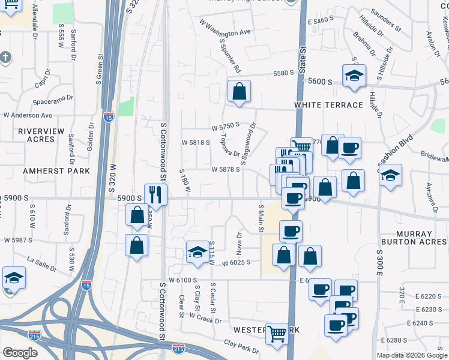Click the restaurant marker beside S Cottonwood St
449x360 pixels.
[155, 195]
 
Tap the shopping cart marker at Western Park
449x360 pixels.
[277, 333]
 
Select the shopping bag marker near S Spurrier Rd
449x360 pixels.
[239, 92]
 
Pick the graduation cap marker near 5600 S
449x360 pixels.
[354, 76]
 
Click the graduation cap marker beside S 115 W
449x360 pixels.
[197, 252]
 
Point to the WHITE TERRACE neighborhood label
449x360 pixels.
[328, 105]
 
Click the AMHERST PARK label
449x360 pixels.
[56, 171]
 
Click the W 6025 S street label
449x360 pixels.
[236, 263]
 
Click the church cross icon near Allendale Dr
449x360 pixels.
[4, 57]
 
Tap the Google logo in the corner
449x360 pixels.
[20, 353]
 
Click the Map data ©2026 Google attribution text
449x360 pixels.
[411, 355]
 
